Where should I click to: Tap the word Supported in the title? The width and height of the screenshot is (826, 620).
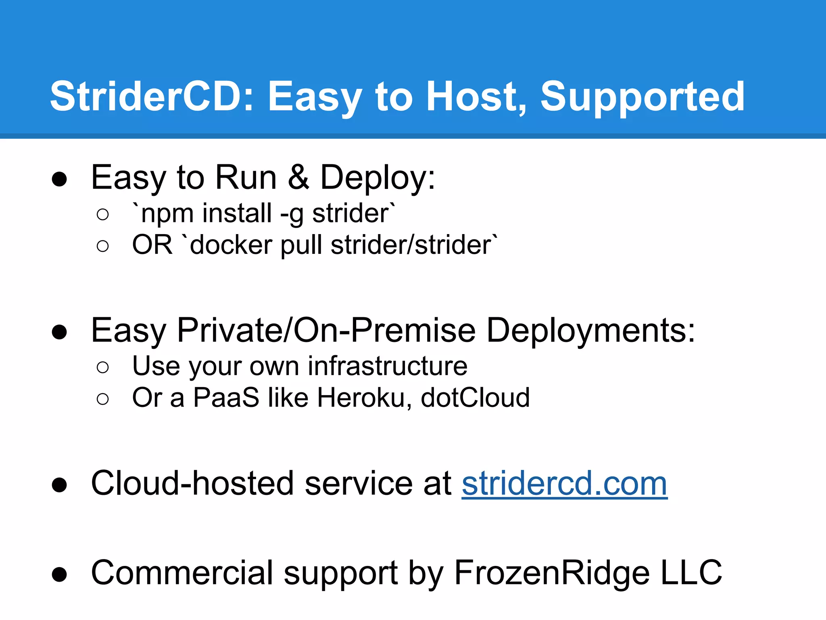(x=642, y=97)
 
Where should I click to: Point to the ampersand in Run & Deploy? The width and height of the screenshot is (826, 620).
(x=298, y=178)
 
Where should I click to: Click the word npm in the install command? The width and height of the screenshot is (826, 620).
(x=167, y=214)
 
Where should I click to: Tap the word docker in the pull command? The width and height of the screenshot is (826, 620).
(x=231, y=245)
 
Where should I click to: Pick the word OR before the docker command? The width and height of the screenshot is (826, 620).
(x=152, y=245)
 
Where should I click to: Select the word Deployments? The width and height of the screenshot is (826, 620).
(x=591, y=331)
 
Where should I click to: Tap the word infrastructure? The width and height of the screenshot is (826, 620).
(x=388, y=366)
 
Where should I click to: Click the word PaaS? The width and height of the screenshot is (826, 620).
(x=226, y=398)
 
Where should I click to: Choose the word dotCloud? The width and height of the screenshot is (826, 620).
(x=475, y=398)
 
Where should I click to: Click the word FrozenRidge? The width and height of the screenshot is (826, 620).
(x=552, y=573)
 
